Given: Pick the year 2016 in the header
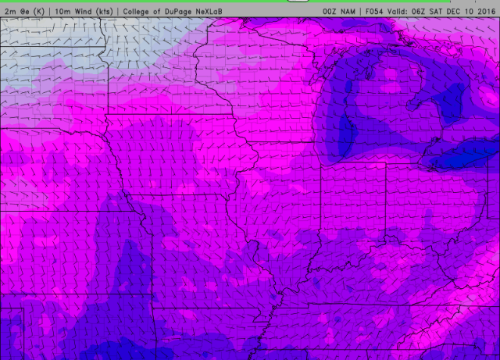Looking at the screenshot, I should click(x=484, y=12).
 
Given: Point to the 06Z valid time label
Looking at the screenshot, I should click(x=423, y=12).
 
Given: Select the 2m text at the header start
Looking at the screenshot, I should click(x=10, y=12).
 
